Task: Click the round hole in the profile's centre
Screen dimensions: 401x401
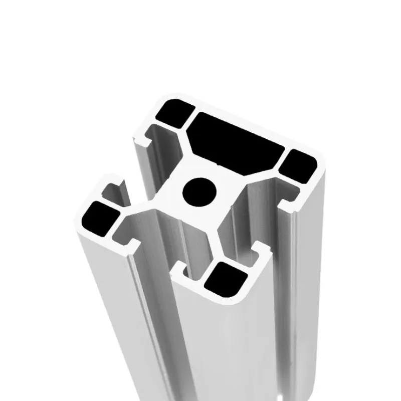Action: pos(199,190)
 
